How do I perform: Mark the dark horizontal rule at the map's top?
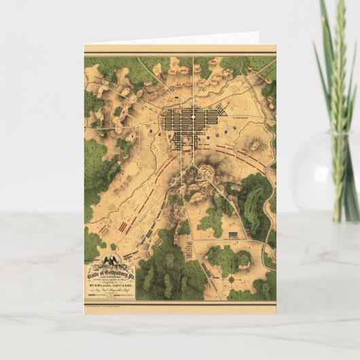coord(180,54)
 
